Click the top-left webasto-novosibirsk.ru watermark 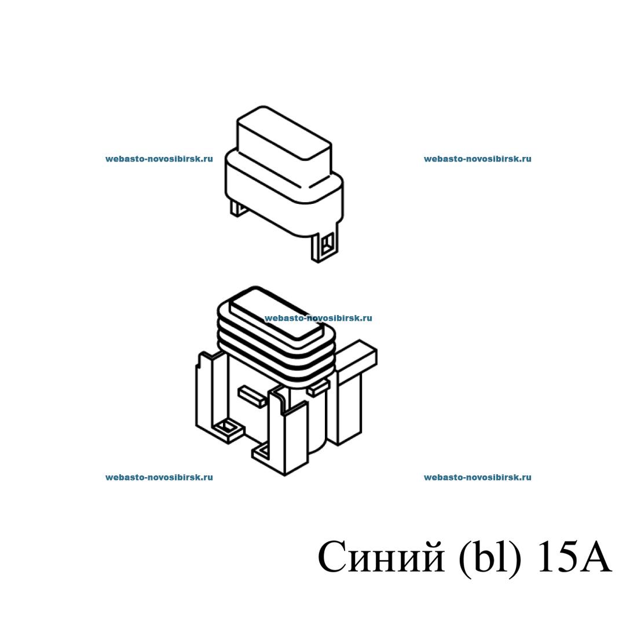pyautogui.click(x=159, y=159)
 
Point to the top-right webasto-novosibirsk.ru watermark pyautogui.click(x=478, y=159)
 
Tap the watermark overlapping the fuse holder pyautogui.click(x=318, y=318)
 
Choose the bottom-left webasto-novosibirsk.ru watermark pyautogui.click(x=159, y=477)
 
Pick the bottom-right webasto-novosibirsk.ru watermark pyautogui.click(x=478, y=477)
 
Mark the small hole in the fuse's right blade pyautogui.click(x=327, y=244)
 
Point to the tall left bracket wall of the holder pyautogui.click(x=206, y=394)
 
